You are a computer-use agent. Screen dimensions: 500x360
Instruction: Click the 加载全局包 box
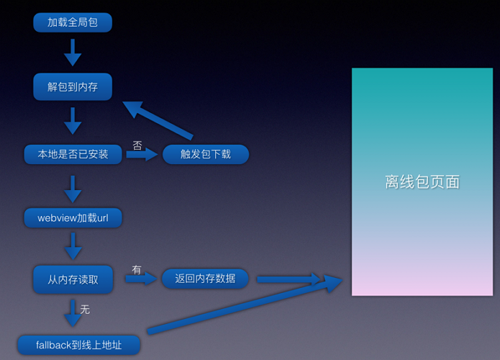tap(73, 22)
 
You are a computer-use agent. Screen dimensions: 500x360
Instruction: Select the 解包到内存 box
tap(73, 87)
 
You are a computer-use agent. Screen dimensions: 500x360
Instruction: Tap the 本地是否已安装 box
tap(73, 154)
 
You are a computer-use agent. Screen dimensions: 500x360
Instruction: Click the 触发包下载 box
tap(206, 154)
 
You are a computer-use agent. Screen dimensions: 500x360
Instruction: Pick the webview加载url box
tap(73, 217)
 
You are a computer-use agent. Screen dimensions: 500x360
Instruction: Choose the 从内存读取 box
tap(73, 279)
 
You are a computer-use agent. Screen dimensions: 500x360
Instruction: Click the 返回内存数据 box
tap(205, 279)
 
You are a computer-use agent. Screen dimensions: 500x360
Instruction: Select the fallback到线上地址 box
tap(79, 345)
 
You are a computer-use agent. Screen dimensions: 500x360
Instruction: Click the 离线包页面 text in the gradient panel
tap(422, 182)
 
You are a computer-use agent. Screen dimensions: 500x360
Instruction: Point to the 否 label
tap(137, 145)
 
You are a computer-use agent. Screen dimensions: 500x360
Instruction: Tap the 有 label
tap(137, 270)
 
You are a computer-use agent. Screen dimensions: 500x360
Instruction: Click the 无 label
tap(85, 310)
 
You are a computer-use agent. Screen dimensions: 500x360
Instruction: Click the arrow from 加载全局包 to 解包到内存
tap(73, 52)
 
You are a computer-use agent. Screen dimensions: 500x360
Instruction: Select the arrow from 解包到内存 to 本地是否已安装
tap(73, 120)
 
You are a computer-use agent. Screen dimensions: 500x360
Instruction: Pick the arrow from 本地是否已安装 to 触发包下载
tap(142, 154)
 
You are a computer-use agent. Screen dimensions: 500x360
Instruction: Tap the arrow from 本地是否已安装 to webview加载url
tap(73, 186)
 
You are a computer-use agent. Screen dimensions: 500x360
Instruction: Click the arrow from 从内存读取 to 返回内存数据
tap(141, 279)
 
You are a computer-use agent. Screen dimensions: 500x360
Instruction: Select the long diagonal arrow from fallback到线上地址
tap(245, 306)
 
